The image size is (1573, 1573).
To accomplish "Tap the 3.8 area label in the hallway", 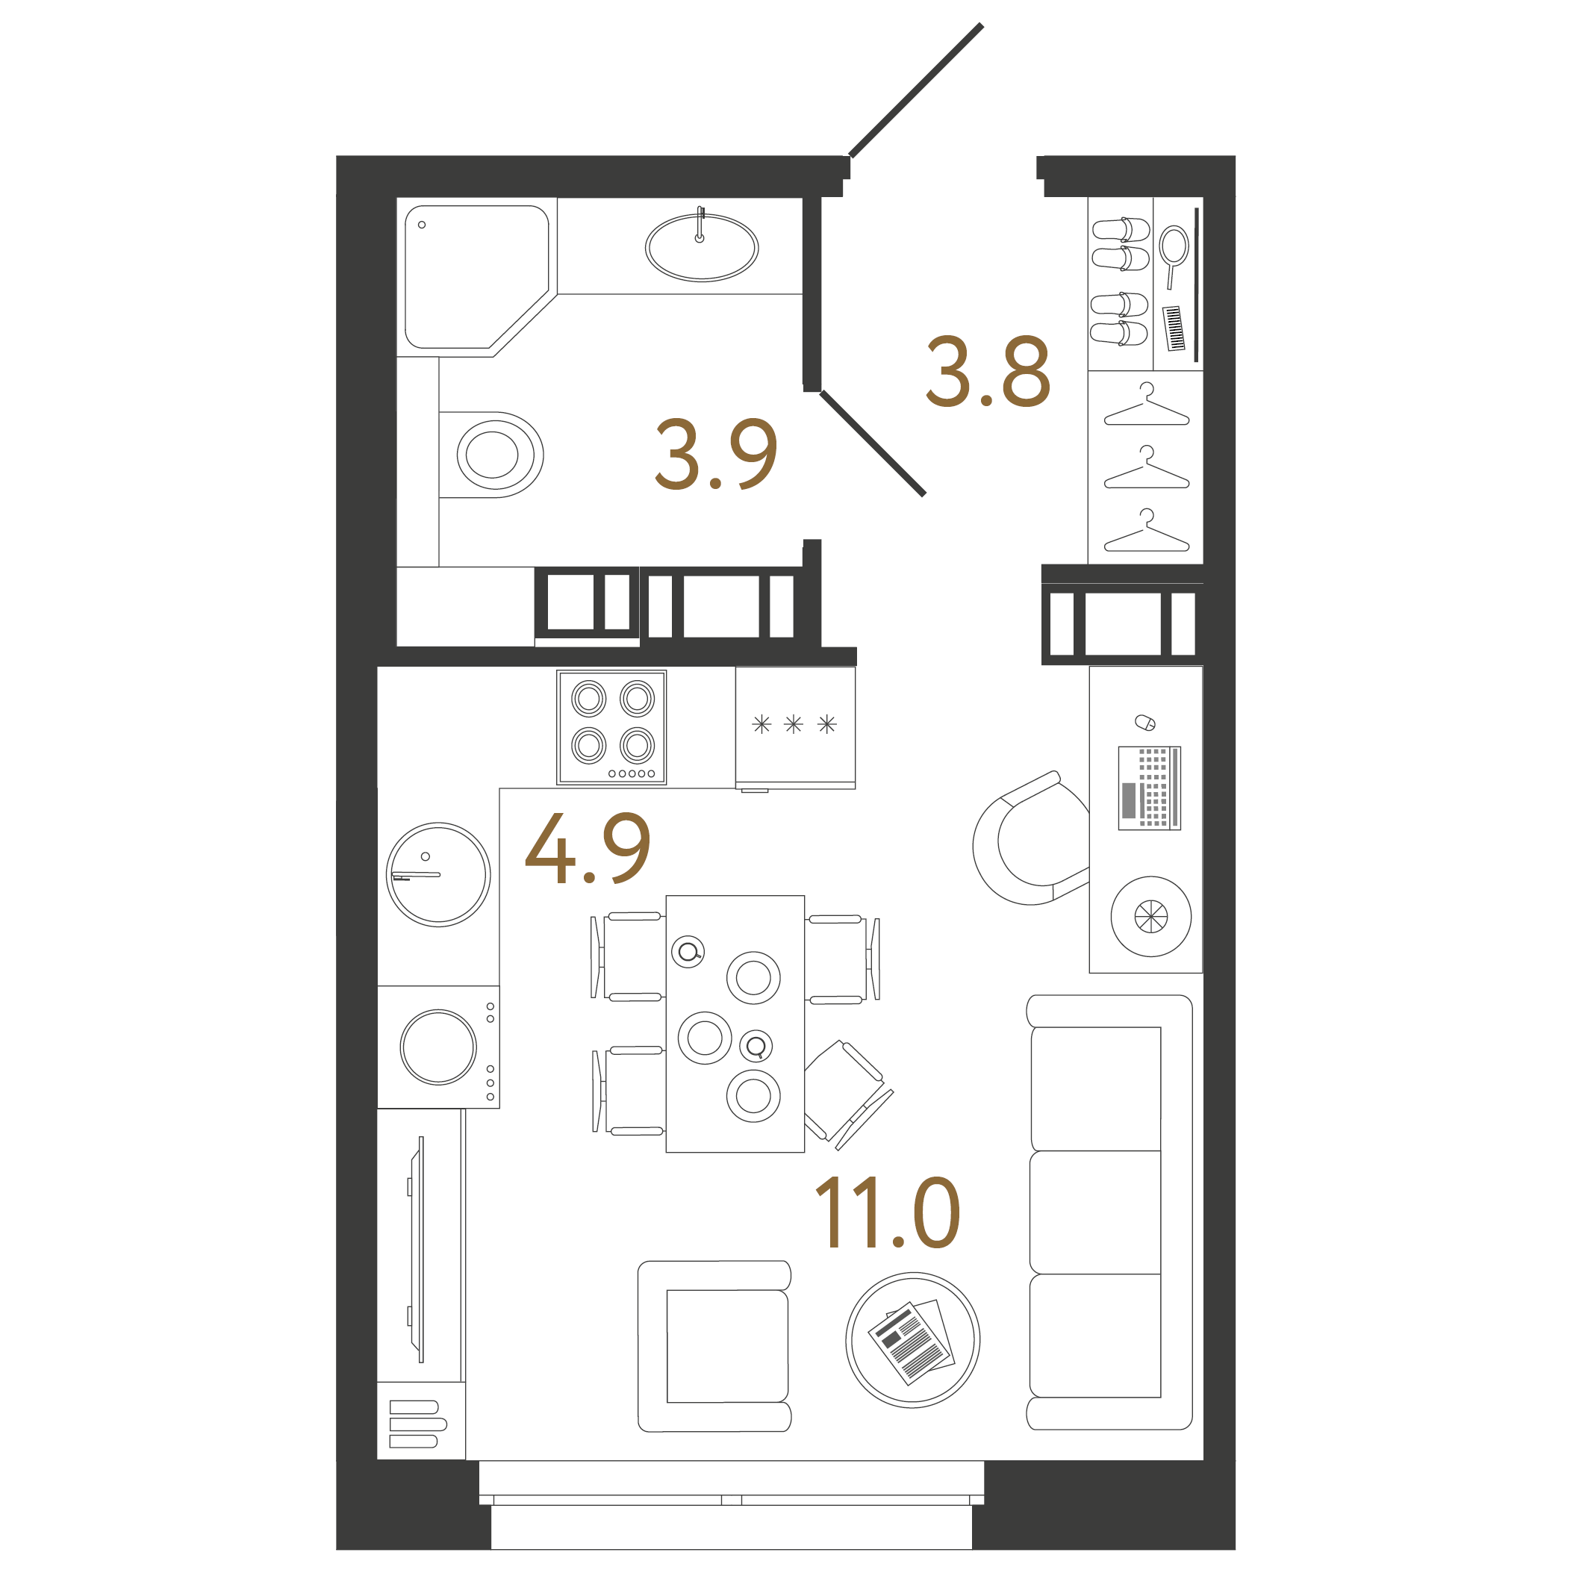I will tap(988, 371).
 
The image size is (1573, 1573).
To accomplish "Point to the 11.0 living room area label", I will tap(887, 1213).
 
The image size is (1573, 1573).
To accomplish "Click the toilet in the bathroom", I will tap(493, 455).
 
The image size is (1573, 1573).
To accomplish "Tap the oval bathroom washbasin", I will tap(701, 246).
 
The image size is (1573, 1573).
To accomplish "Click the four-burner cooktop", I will tap(611, 727).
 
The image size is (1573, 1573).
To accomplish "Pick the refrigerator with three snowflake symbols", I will tap(794, 726).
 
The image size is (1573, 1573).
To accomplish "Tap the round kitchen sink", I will tap(438, 874).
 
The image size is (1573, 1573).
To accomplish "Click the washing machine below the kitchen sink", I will tap(438, 1047).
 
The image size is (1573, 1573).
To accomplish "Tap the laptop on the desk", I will tap(1149, 788).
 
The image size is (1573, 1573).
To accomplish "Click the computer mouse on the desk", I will tap(1144, 722).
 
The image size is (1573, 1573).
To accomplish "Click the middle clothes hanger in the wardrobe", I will tap(1147, 469).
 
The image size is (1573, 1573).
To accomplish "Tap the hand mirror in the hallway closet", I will tap(1174, 252).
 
